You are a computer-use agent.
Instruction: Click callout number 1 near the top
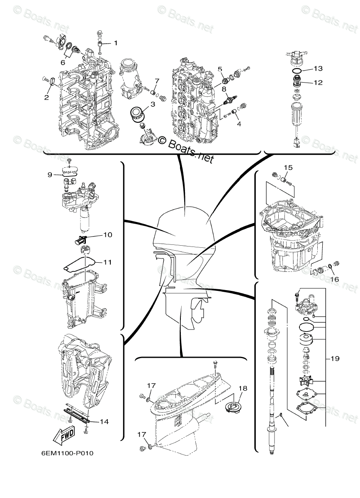point(116,43)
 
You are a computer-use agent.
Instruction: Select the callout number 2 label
point(46,98)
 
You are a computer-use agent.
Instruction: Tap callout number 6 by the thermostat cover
point(63,62)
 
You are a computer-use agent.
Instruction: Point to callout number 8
point(224,89)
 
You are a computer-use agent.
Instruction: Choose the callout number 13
point(318,68)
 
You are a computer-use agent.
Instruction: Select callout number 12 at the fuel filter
point(318,83)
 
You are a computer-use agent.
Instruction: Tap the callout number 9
point(50,175)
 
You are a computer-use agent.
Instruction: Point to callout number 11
point(107,262)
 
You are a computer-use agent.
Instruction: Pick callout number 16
point(334,279)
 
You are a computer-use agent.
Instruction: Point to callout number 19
point(335,359)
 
